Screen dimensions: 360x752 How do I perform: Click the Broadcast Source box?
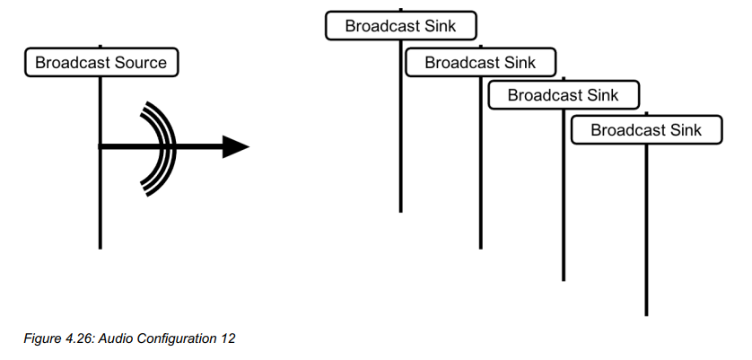click(x=101, y=63)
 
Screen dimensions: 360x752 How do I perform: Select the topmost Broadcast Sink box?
click(x=400, y=26)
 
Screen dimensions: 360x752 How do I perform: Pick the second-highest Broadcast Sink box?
click(x=480, y=62)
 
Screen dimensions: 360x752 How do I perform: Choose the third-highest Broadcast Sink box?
click(x=563, y=95)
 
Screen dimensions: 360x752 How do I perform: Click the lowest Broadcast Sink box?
click(x=646, y=130)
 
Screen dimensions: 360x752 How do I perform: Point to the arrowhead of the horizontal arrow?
click(x=235, y=146)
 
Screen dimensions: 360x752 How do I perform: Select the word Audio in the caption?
click(x=120, y=338)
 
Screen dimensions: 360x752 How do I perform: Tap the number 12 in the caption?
click(x=225, y=338)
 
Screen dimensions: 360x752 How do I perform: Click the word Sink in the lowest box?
click(x=685, y=130)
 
